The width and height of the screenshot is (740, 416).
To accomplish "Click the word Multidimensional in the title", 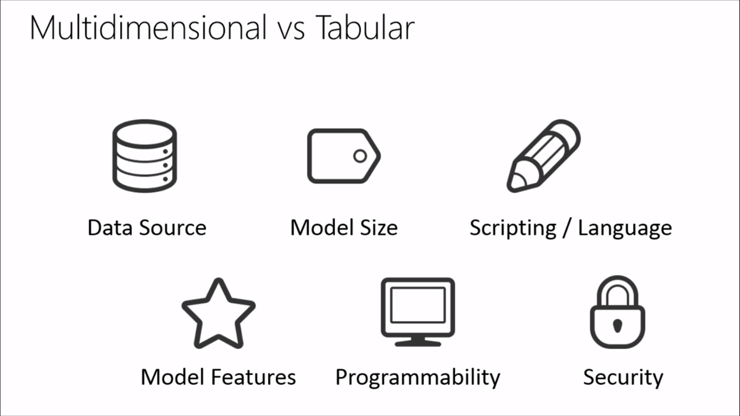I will coord(148,28).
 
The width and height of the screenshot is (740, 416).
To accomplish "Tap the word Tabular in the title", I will coord(365,28).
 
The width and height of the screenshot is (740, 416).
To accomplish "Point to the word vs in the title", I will coord(291,30).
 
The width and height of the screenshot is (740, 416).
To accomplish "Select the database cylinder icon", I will coord(145,156).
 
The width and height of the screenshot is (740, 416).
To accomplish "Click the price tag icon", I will coord(344,156).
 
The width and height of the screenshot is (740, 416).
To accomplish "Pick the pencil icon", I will coord(544,156).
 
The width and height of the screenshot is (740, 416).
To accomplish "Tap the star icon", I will coord(218,314).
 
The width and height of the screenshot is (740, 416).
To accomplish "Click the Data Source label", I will coord(147,228).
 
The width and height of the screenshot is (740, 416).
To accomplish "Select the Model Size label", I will coord(344,228).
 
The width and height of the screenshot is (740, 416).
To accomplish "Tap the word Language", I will coord(625,228).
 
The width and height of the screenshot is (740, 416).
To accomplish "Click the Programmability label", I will coord(418,378).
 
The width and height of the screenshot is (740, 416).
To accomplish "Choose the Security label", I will coord(623,378).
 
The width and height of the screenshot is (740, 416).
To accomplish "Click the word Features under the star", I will coord(253,377).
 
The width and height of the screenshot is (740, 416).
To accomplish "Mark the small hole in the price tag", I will coord(360,156).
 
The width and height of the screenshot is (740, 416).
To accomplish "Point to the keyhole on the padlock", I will coord(617,325).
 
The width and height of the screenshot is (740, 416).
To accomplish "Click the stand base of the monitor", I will coord(418,343).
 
